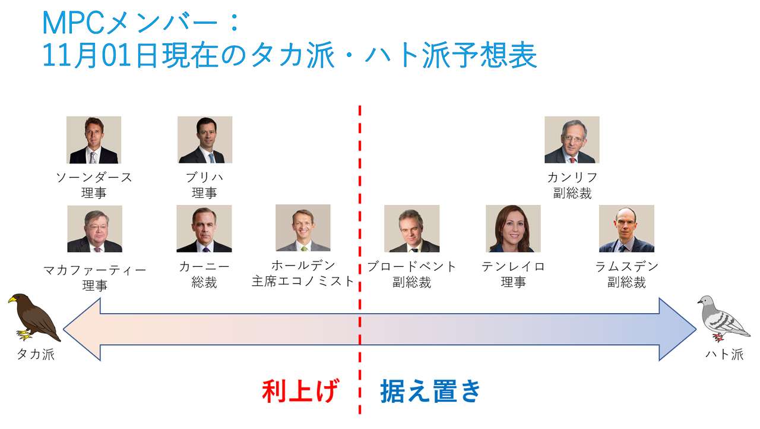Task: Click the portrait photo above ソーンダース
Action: [94, 140]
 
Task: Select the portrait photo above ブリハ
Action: [205, 140]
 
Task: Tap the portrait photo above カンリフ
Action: [572, 140]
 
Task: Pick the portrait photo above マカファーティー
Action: [94, 229]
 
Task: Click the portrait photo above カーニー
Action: [204, 229]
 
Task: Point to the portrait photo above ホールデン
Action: [303, 228]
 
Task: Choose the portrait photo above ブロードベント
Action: [411, 229]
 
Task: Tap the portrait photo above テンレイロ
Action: [513, 229]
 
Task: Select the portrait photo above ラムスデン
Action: [626, 229]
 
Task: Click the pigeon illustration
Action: [722, 320]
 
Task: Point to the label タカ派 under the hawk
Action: [35, 355]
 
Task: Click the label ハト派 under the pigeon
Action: [724, 355]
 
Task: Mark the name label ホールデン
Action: [303, 266]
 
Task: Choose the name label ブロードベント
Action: [411, 266]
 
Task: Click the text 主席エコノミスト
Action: [303, 282]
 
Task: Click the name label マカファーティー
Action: [94, 270]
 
